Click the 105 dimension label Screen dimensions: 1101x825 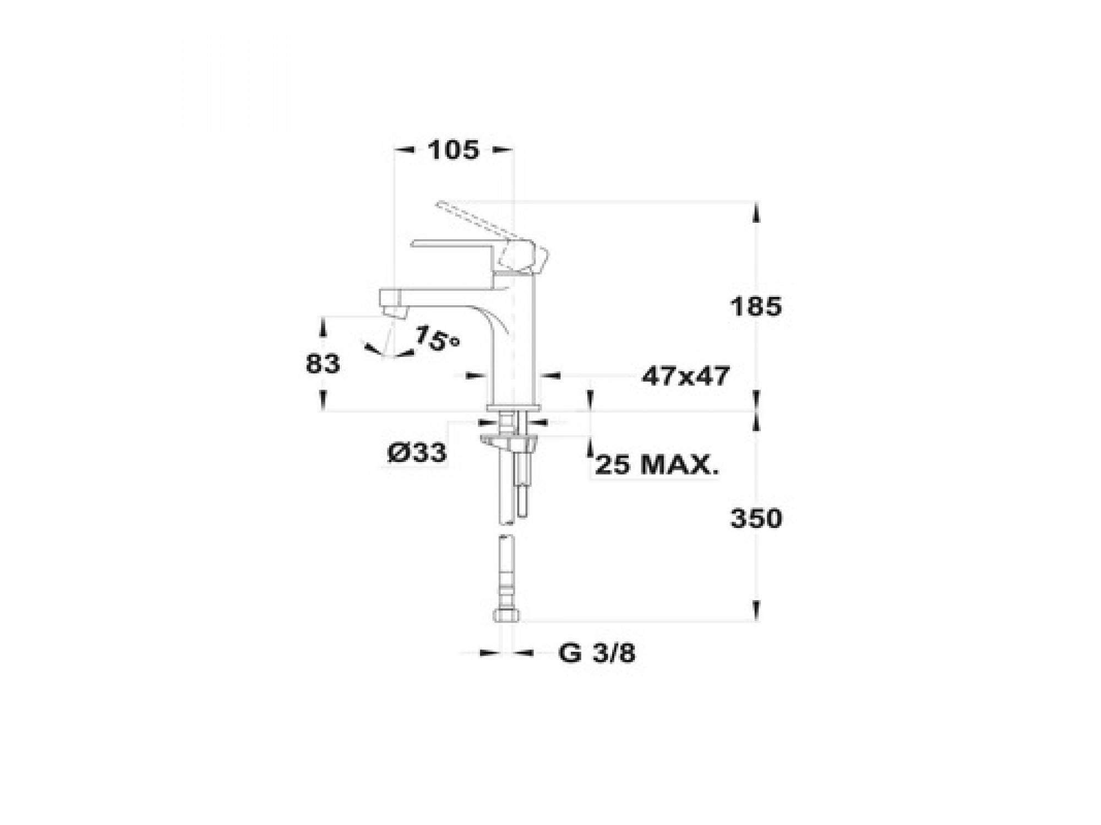pos(453,150)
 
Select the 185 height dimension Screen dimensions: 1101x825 pos(756,306)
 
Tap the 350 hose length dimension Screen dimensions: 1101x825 pos(756,519)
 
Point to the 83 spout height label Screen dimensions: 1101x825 pos(323,364)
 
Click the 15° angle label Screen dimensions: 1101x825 pos(437,338)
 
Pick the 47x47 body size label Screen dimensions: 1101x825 pos(685,376)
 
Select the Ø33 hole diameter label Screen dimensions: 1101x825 pos(417,453)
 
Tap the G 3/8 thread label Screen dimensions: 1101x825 pos(597,653)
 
